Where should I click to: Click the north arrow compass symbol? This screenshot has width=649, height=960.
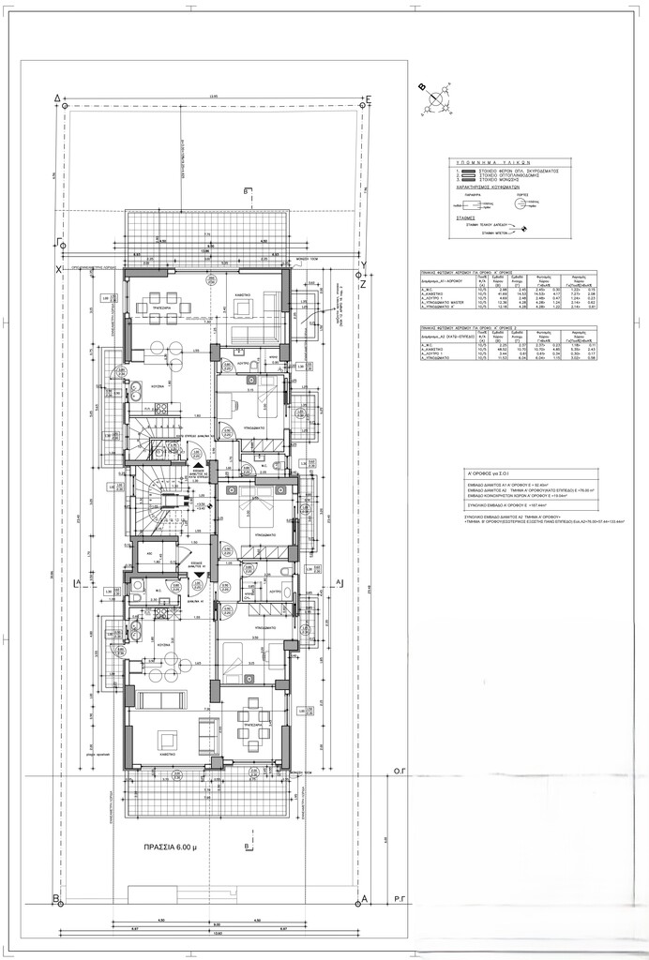point(433,99)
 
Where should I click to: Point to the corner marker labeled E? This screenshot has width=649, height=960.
point(370,97)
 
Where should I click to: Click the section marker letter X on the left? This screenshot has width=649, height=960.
point(57,270)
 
